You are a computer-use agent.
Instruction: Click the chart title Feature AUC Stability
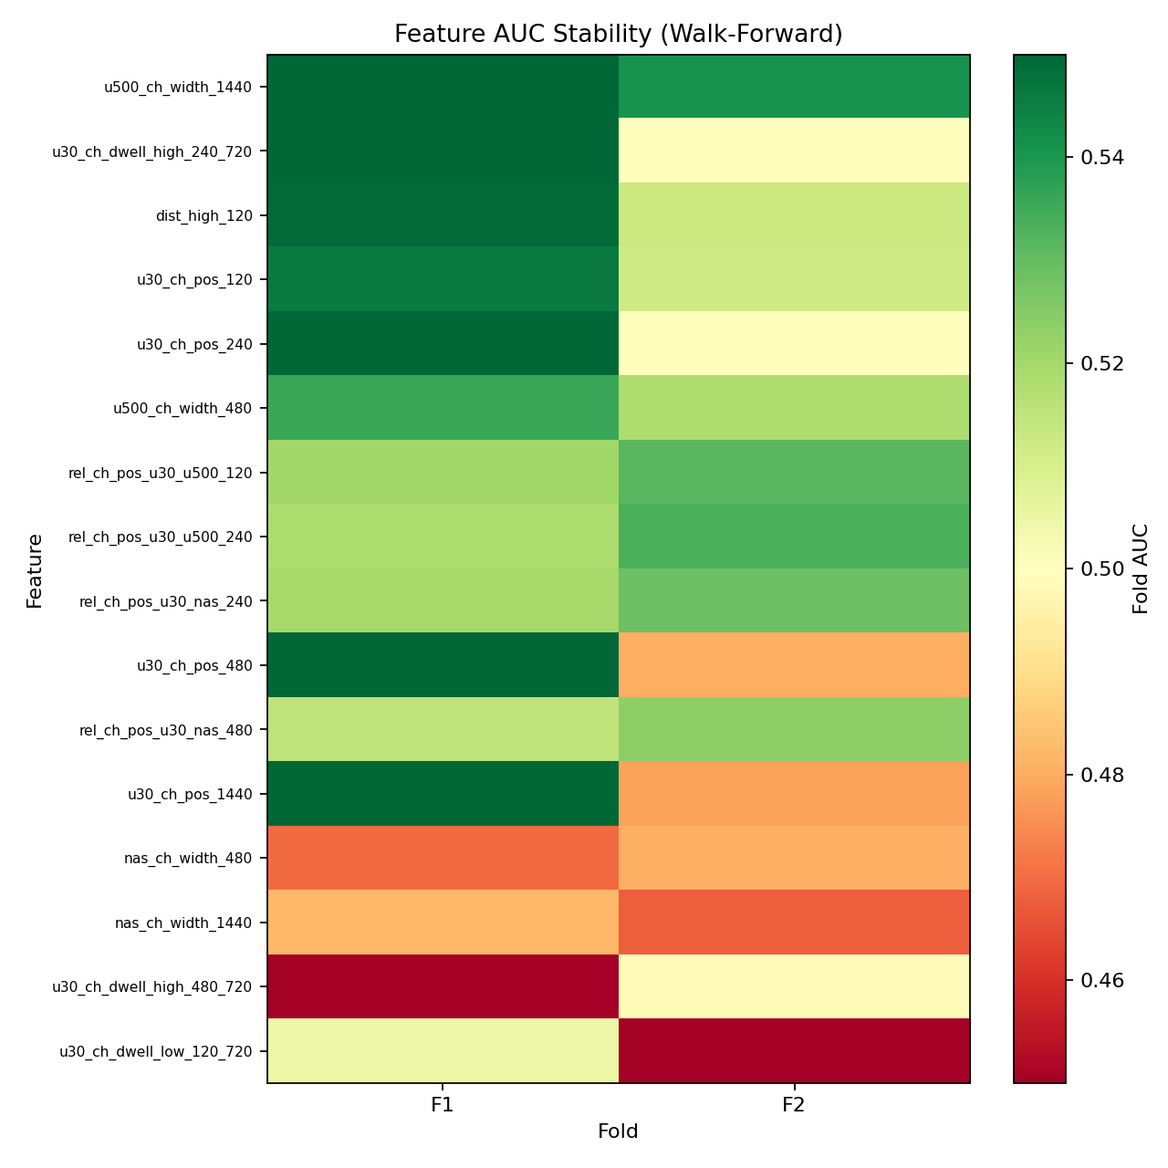coord(618,34)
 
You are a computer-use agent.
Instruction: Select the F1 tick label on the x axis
coord(443,1105)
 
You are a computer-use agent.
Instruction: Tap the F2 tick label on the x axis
coord(794,1105)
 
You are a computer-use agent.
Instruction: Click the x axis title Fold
coord(618,1132)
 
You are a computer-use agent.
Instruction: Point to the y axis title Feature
coord(35,570)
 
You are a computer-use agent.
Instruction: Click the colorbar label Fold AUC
coord(1141,568)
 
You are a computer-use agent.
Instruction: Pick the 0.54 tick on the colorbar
coord(1101,158)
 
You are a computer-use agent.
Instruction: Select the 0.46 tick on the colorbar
coord(1101,981)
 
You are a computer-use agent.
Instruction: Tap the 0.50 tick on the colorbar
coord(1101,569)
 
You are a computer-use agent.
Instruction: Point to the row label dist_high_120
coord(204,216)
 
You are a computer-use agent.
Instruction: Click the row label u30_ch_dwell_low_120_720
coord(155,1051)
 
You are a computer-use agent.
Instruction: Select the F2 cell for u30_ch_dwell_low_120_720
coord(794,1050)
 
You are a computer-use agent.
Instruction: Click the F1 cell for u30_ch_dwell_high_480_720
coord(443,986)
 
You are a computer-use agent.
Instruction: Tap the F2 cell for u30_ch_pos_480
coord(794,665)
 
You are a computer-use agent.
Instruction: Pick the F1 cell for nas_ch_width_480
coord(443,858)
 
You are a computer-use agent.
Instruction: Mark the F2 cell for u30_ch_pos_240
coord(794,344)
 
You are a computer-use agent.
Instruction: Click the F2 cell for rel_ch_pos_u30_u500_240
coord(794,537)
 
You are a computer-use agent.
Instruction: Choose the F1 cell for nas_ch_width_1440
coord(443,922)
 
